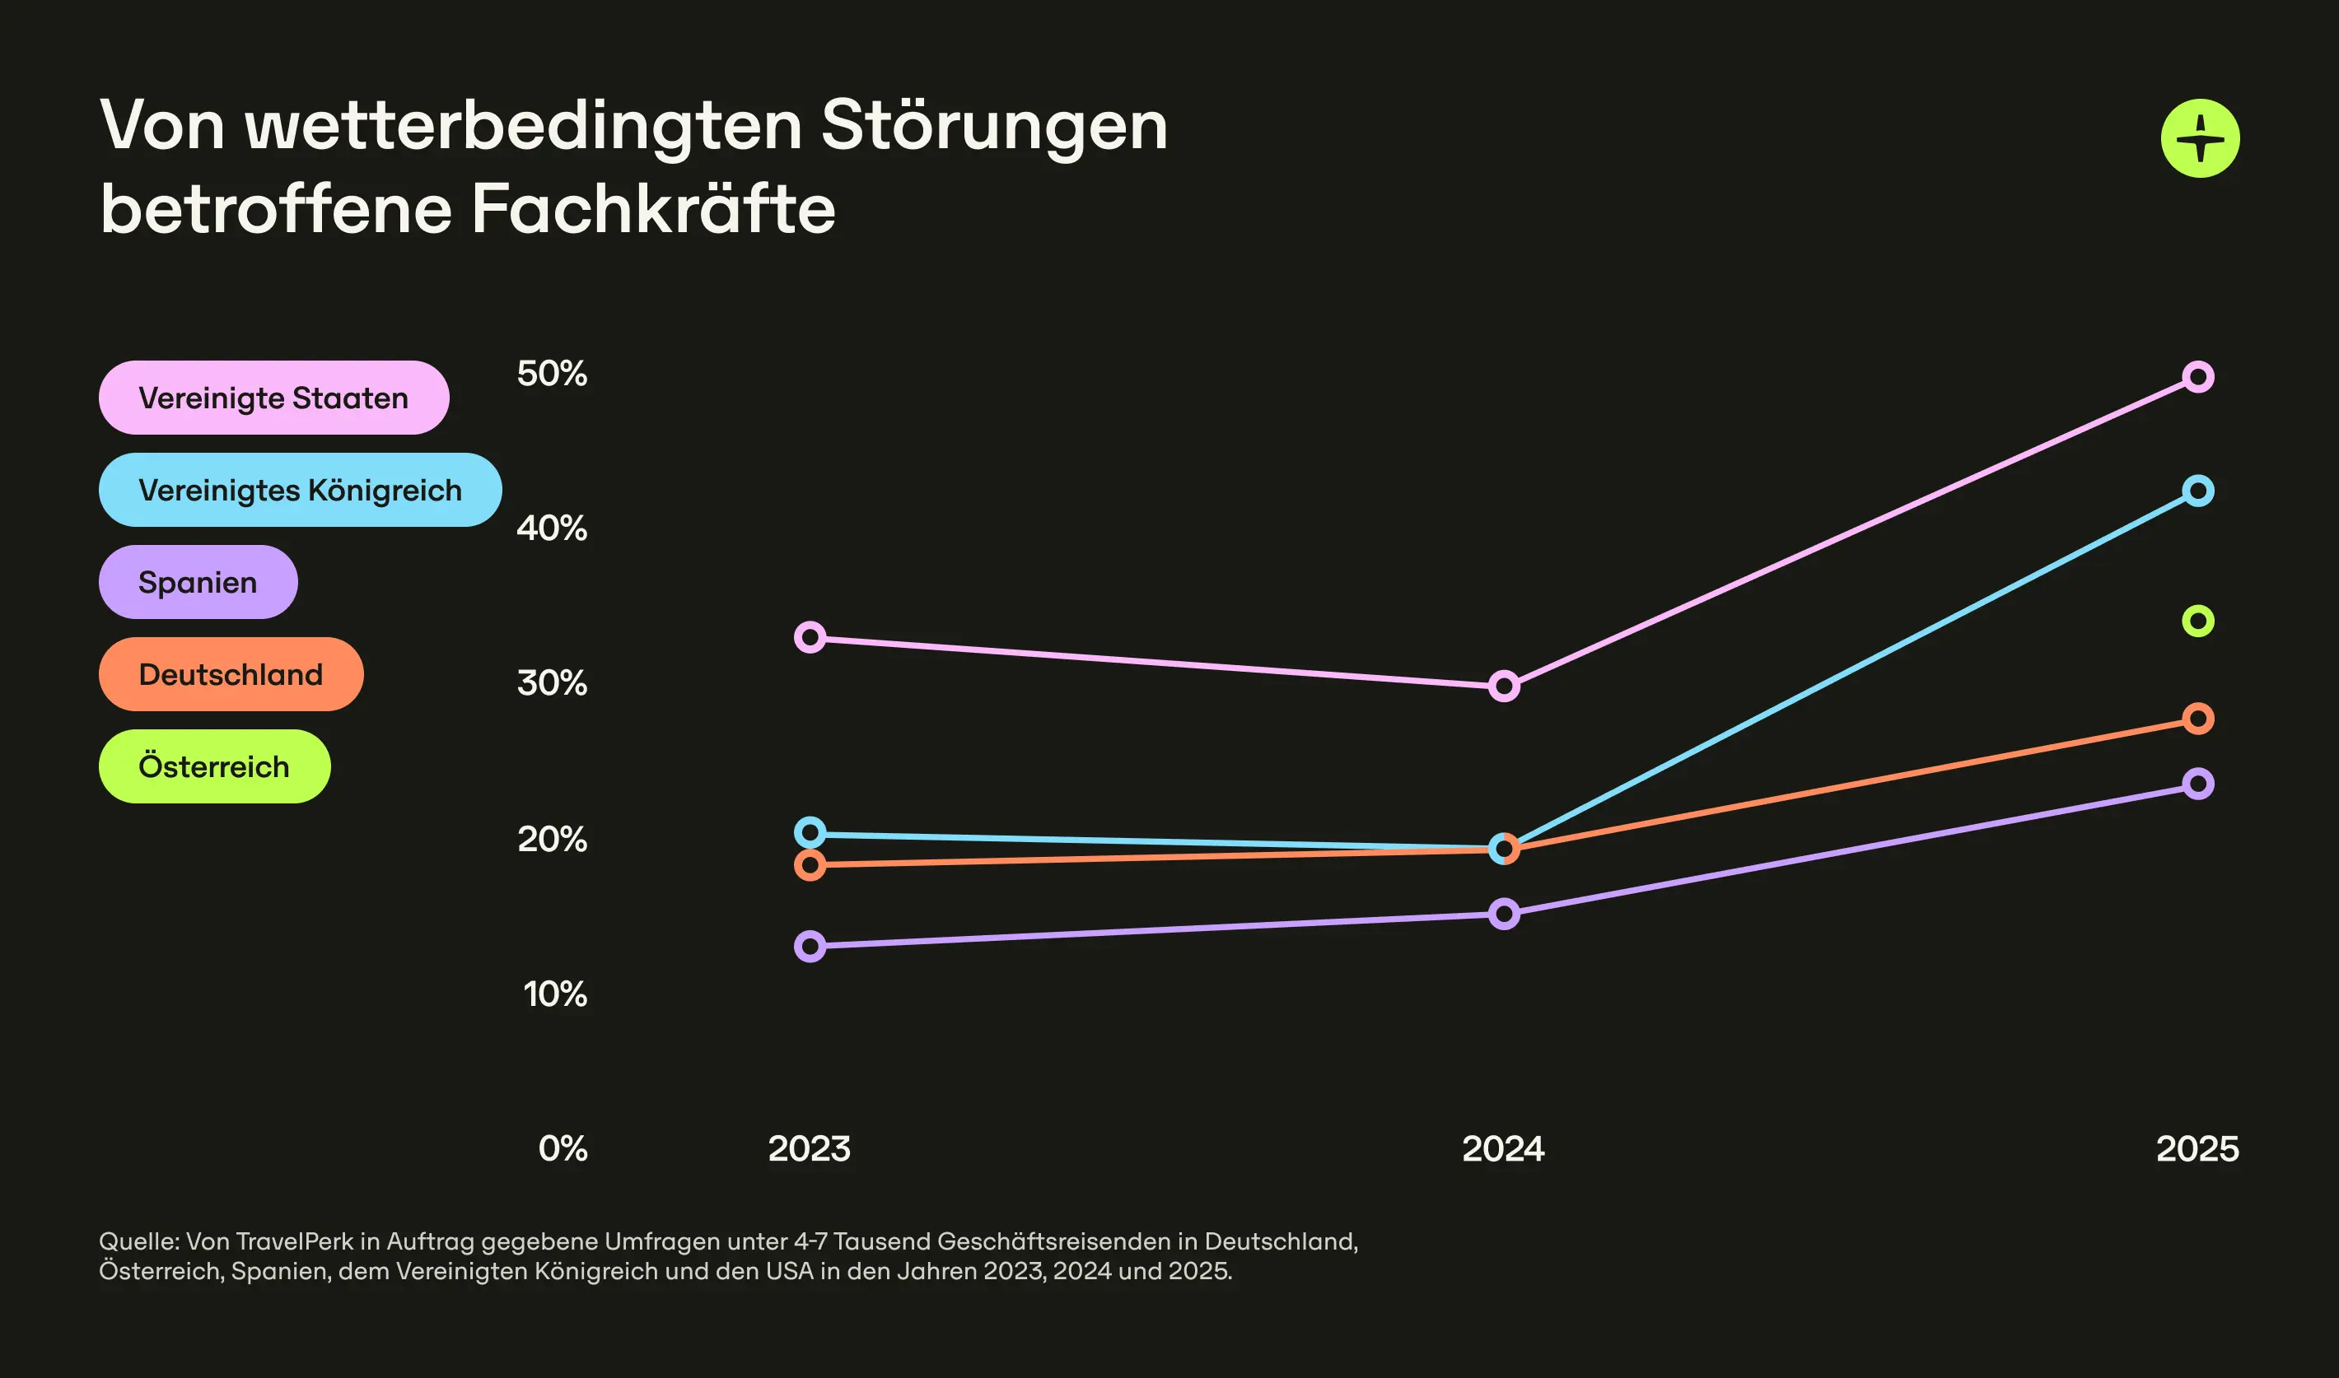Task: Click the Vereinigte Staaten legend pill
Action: point(273,398)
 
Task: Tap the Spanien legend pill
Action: point(198,582)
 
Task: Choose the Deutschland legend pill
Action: point(231,674)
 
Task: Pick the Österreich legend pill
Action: point(213,766)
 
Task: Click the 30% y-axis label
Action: point(552,683)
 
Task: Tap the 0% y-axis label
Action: point(562,1148)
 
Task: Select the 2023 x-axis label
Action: point(809,1148)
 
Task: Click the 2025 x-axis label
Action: point(2197,1148)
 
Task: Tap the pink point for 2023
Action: point(810,638)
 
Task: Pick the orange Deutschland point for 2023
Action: point(810,865)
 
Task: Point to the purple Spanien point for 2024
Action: point(1504,914)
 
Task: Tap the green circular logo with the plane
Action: point(2200,138)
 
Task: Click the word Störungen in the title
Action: point(994,125)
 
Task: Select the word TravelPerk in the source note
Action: point(295,1241)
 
